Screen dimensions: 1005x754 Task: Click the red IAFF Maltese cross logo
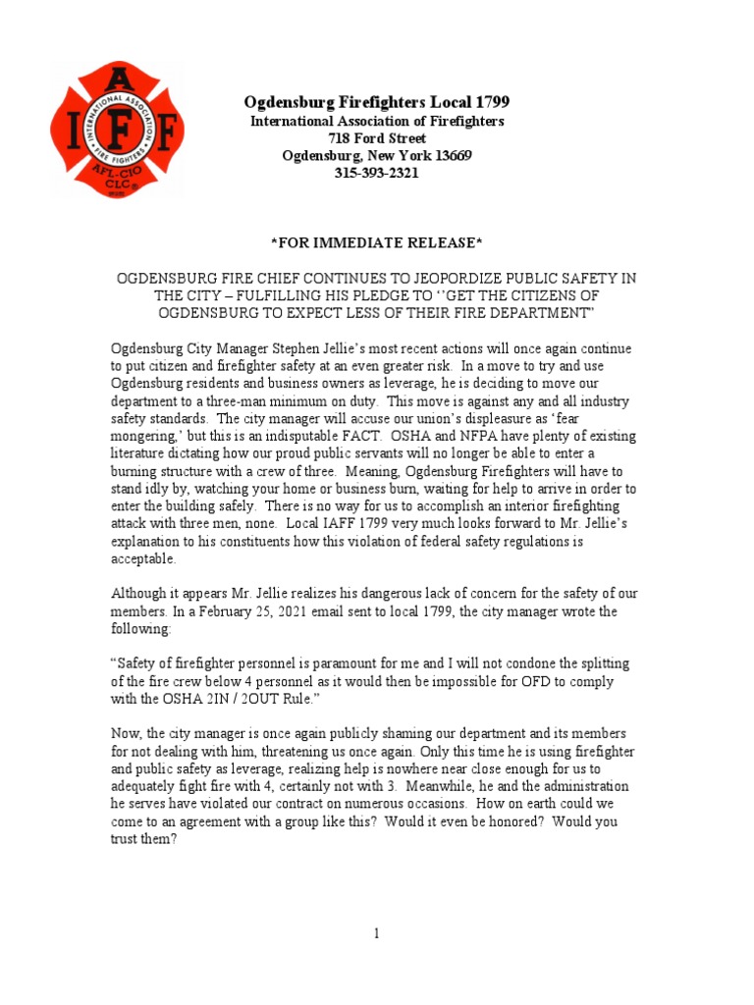tap(116, 128)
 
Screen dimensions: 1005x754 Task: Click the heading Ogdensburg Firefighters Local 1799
tap(377, 103)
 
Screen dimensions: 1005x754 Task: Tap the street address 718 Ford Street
tap(377, 138)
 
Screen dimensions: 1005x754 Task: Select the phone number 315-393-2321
tap(377, 174)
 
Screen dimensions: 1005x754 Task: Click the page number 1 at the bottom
tap(376, 933)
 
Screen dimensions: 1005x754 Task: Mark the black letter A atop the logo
tap(116, 79)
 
